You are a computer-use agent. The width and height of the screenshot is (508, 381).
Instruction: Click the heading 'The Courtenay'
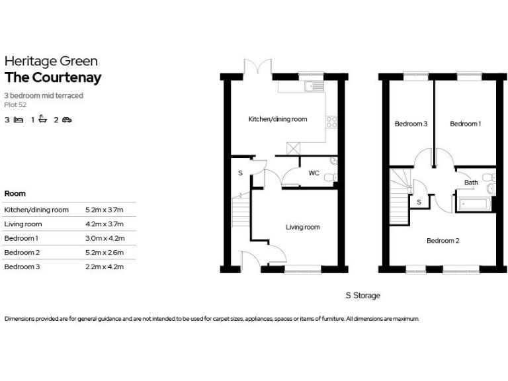[53, 77]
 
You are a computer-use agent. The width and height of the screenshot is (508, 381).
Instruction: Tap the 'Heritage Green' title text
[51, 62]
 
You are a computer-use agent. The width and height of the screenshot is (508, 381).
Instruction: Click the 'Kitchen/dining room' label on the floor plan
[278, 120]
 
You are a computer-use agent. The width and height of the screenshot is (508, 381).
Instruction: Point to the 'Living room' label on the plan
[302, 228]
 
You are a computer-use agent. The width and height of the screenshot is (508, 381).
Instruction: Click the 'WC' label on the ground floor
[314, 173]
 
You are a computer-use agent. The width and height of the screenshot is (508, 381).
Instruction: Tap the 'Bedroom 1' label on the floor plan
[465, 124]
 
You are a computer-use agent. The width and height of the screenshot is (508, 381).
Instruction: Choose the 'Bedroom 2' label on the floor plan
[443, 241]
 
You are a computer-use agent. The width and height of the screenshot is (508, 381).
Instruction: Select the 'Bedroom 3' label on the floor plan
[411, 124]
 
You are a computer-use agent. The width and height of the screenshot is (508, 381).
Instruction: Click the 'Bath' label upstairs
[471, 183]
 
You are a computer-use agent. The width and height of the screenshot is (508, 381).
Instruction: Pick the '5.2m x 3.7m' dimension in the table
[105, 210]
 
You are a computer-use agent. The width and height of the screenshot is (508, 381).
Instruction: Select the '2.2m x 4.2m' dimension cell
[105, 267]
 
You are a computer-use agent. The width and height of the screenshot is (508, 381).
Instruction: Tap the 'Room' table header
[15, 194]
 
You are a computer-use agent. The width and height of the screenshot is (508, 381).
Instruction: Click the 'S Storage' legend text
[362, 296]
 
